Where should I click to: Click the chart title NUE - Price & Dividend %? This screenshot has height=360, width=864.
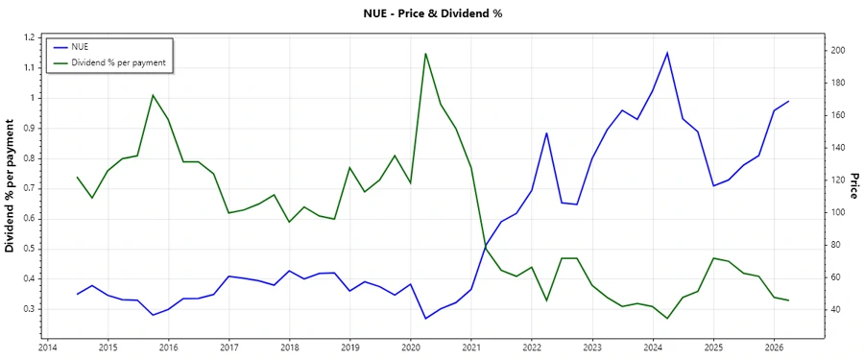point(432,13)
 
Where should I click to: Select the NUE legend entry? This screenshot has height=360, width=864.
point(81,46)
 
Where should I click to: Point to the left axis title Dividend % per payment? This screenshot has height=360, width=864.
point(11,186)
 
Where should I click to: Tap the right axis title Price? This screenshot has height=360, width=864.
point(853,186)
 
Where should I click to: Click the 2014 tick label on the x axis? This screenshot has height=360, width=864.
point(47,347)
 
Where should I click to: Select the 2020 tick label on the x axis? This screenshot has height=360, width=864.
point(411,347)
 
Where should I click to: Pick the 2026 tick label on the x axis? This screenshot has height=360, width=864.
point(774,347)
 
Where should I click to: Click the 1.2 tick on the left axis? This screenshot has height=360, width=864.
point(28,37)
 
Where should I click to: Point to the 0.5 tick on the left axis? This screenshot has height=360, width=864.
point(28,249)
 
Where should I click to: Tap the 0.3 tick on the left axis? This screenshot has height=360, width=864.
point(28,309)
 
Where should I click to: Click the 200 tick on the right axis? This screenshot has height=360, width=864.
point(837,50)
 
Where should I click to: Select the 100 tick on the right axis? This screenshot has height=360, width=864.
point(837,212)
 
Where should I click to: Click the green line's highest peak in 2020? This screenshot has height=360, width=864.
point(425,54)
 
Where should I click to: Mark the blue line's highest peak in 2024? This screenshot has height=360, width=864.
point(667,53)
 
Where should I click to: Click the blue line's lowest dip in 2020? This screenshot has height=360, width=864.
point(425,319)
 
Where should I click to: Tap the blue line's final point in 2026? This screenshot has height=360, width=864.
point(788,102)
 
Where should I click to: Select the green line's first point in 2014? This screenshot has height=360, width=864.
point(77,177)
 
